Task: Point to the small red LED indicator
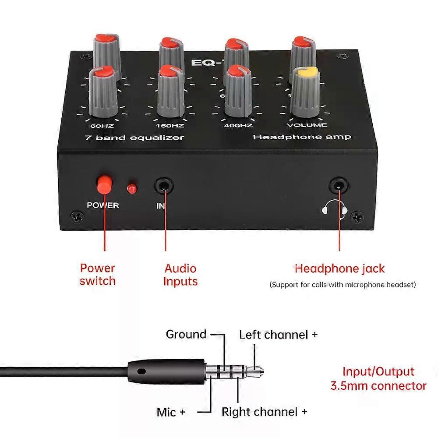tap(131, 189)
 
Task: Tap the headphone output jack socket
tap(339, 185)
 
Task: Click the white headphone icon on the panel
tap(334, 207)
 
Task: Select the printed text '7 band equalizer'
tap(134, 138)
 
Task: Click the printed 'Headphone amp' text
tap(302, 137)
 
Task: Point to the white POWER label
tap(103, 205)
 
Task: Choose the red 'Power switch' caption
tap(97, 274)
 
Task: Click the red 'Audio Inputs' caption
tap(180, 275)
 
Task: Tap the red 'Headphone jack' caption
tap(339, 268)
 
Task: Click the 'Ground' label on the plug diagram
tap(186, 335)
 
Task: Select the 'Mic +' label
tap(171, 412)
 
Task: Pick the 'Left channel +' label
tap(278, 335)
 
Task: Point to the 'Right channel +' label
tap(264, 412)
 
